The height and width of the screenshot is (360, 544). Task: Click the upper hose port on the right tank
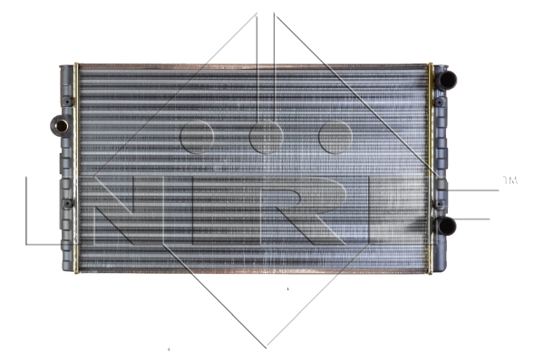tap(446, 80)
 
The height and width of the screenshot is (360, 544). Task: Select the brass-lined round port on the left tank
tap(61, 126)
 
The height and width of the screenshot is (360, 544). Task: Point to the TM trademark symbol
tap(510, 180)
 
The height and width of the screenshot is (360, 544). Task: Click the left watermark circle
tap(197, 137)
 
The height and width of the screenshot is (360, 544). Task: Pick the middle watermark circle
tap(266, 137)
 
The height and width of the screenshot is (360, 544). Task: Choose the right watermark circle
tap(335, 137)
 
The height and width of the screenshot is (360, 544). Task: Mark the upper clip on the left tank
tap(67, 102)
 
